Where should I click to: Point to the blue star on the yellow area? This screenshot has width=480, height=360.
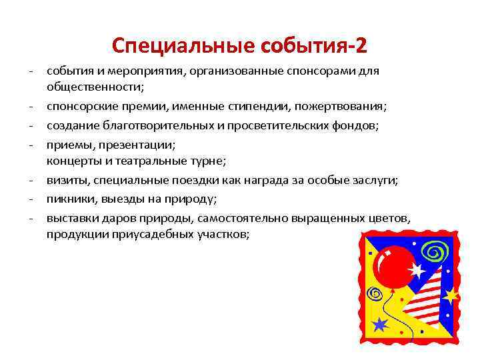pos(381,325)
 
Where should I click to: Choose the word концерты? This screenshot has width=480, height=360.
pos(73,160)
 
